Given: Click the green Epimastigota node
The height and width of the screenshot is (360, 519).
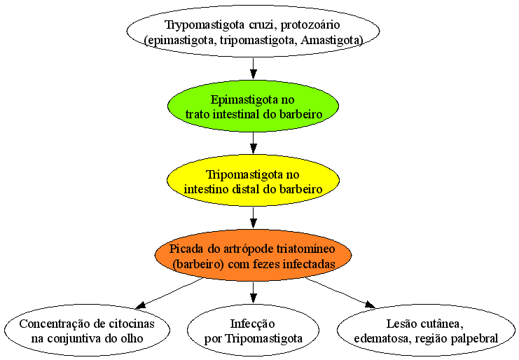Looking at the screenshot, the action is tap(254, 106).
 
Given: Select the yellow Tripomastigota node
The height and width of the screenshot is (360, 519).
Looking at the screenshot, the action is tap(254, 181).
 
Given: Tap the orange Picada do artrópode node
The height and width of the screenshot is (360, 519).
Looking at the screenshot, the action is tap(254, 256).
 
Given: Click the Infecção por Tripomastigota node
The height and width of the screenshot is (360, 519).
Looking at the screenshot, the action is tap(254, 330).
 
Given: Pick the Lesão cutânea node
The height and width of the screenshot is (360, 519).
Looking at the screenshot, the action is tap(426, 330).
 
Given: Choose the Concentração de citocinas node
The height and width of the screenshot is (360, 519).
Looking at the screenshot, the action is tap(87, 330).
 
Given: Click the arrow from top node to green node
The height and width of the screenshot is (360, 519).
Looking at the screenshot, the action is tap(254, 69).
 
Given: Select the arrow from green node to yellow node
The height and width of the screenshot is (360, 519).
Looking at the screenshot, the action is tap(254, 143).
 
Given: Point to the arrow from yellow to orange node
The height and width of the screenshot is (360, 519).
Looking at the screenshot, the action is tap(254, 218).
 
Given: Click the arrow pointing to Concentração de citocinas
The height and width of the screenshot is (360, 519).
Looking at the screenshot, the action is tap(169, 293).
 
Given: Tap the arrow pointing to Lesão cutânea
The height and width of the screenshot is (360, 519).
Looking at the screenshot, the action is tap(340, 293).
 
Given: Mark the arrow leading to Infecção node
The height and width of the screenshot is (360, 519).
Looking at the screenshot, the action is tap(254, 293).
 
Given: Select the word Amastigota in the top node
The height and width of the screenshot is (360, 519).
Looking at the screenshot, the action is tap(331, 40).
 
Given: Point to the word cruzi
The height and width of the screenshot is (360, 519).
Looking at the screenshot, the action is tap(263, 25).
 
